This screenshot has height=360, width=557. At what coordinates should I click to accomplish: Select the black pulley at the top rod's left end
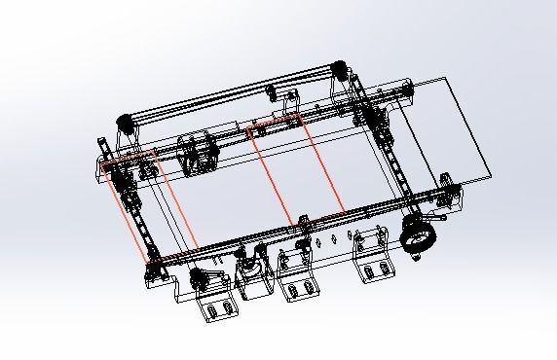point(125,123)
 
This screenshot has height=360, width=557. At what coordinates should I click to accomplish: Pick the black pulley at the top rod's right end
point(340,69)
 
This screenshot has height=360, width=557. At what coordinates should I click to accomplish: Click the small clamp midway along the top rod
point(272,93)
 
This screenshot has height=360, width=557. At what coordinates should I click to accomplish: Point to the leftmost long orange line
point(130,210)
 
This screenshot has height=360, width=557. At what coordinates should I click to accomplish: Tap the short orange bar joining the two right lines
point(277,123)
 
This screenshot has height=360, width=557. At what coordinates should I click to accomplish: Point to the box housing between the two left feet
point(255,288)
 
